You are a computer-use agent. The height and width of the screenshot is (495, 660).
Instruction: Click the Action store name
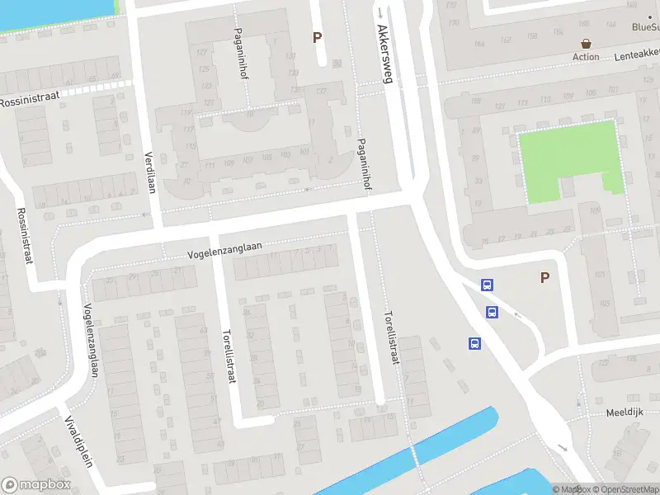586,57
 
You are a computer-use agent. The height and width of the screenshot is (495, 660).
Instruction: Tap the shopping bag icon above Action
586,44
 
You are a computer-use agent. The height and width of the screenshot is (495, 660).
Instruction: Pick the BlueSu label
645,26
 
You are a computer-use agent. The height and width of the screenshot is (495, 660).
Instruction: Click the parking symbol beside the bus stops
544,278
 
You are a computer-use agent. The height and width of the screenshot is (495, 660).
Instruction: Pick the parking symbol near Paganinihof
317,37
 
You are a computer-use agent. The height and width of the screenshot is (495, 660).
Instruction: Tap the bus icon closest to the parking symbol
488,285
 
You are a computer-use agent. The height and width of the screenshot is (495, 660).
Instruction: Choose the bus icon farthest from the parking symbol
475,343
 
